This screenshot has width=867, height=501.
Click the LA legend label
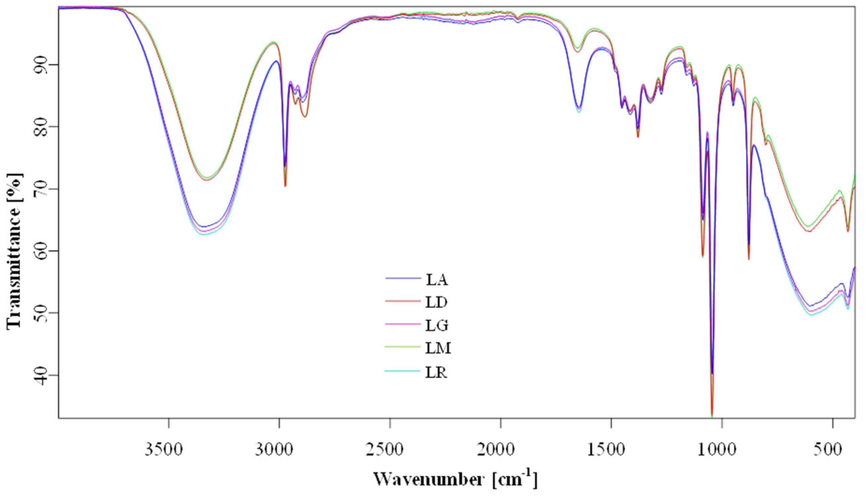point(437,280)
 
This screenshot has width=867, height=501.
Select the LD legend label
point(436,303)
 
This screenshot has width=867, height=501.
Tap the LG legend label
point(437,325)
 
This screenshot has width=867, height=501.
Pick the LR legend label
point(436,373)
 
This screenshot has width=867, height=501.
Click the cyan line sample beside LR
point(403,371)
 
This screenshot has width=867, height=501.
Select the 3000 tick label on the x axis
point(279,450)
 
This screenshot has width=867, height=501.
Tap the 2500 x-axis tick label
point(390,450)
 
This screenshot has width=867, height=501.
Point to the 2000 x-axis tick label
point(500,450)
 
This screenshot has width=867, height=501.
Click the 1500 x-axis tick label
point(611,450)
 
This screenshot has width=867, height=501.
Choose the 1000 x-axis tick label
point(722,450)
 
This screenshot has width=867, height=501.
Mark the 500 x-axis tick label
point(833,450)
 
